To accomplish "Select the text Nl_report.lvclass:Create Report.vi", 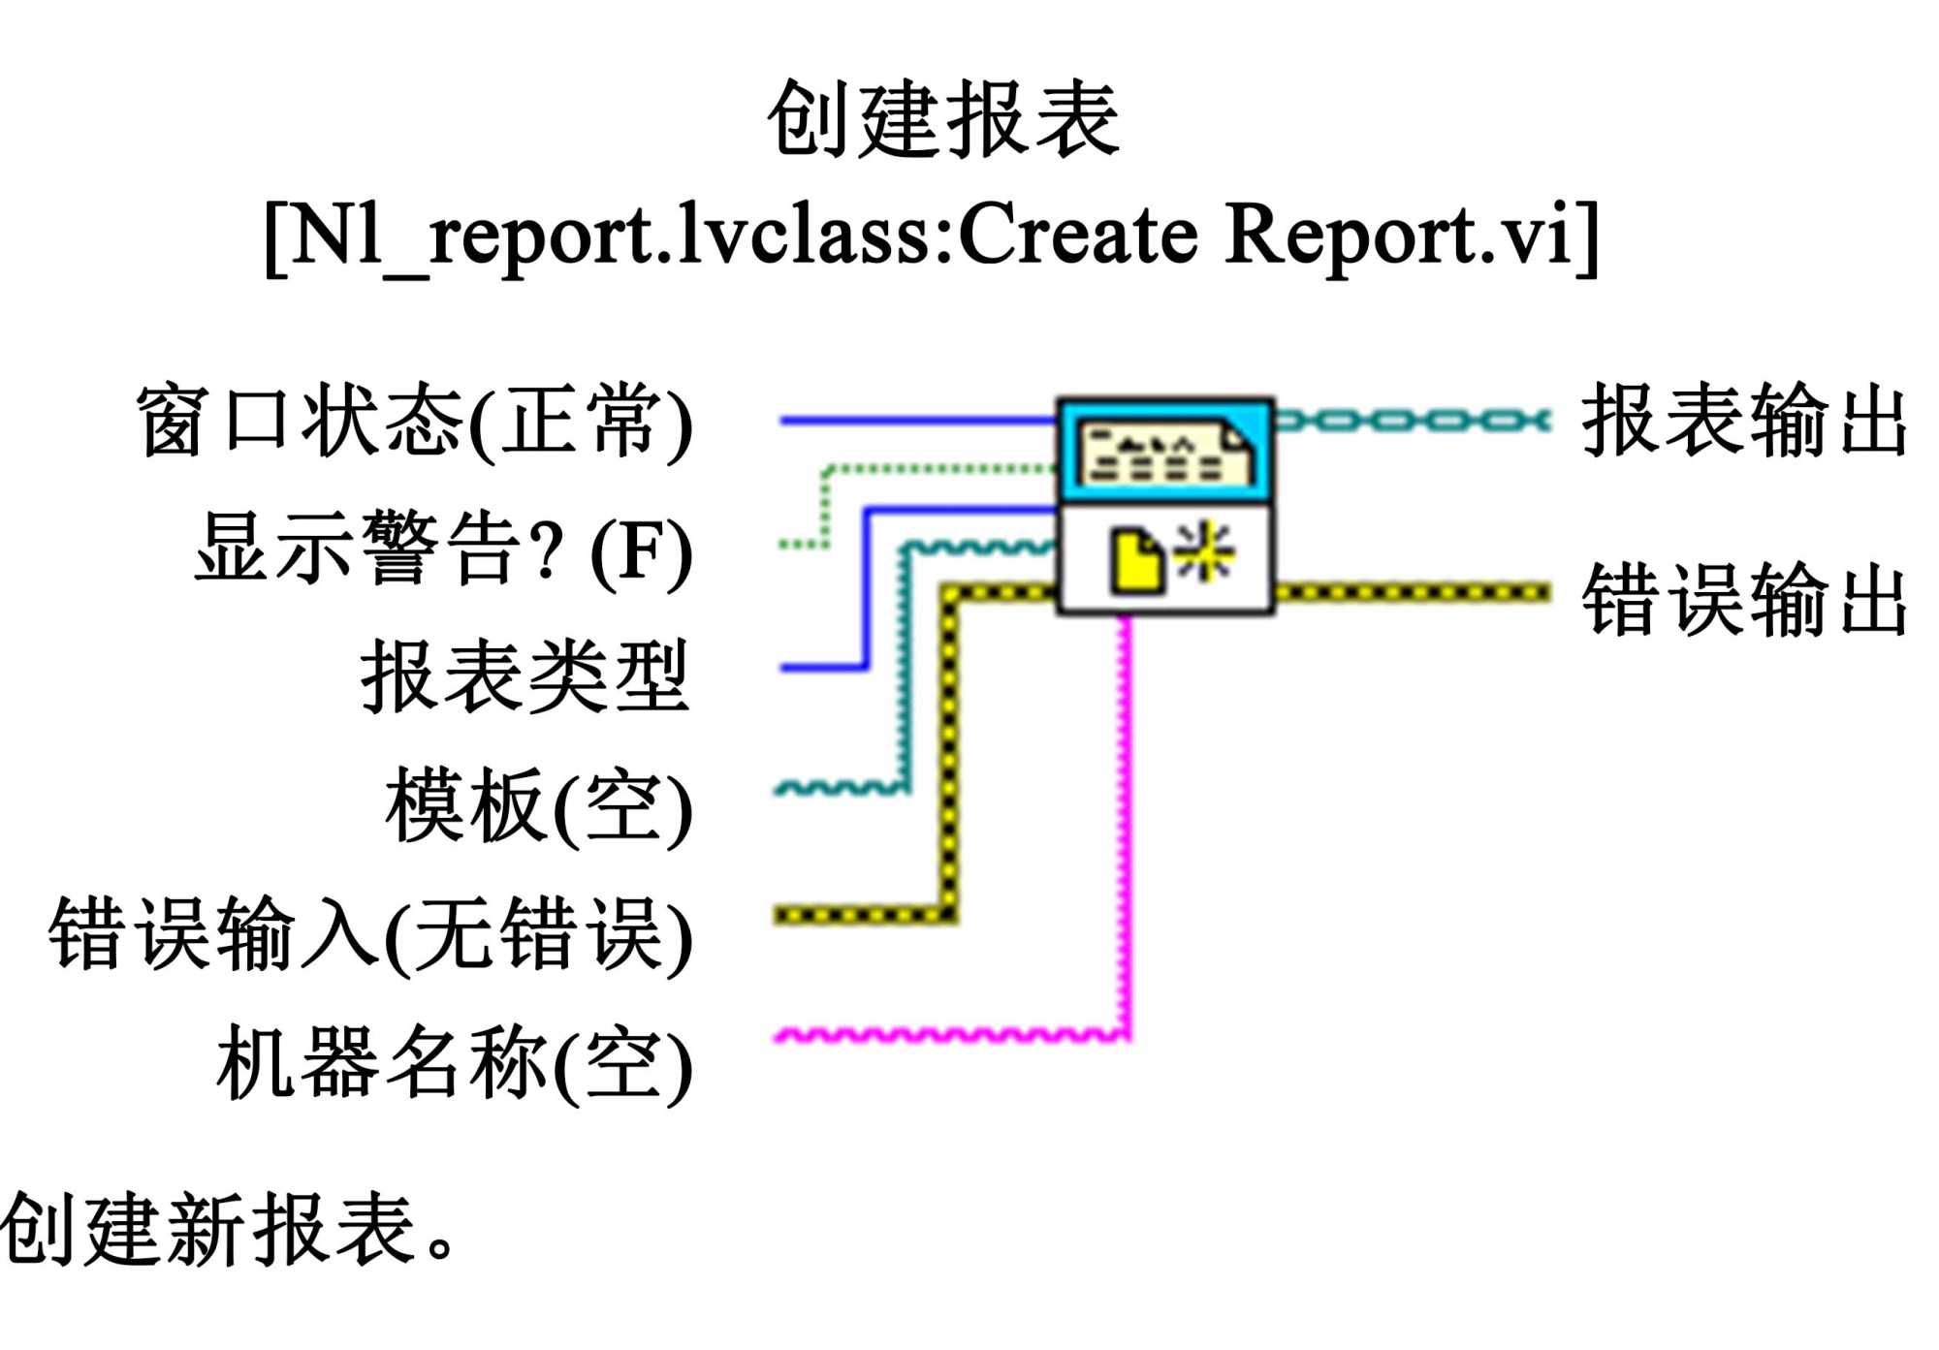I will coord(931,235).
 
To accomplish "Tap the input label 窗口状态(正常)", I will coord(414,423).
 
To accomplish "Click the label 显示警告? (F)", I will coord(443,549).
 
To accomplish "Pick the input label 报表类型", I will coord(524,677).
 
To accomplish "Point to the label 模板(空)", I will coord(538,806).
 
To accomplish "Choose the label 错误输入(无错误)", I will coord(370,934).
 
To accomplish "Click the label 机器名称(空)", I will coord(454,1063).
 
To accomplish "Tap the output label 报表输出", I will coord(1743,420).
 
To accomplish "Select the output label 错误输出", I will coord(1743,600).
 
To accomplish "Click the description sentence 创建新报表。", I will coord(228,1229).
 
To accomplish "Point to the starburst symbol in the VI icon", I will coord(1204,551).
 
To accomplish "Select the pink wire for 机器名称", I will coord(950,1035).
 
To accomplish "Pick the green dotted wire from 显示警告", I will coord(931,470).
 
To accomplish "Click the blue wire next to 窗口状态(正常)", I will coord(916,421).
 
